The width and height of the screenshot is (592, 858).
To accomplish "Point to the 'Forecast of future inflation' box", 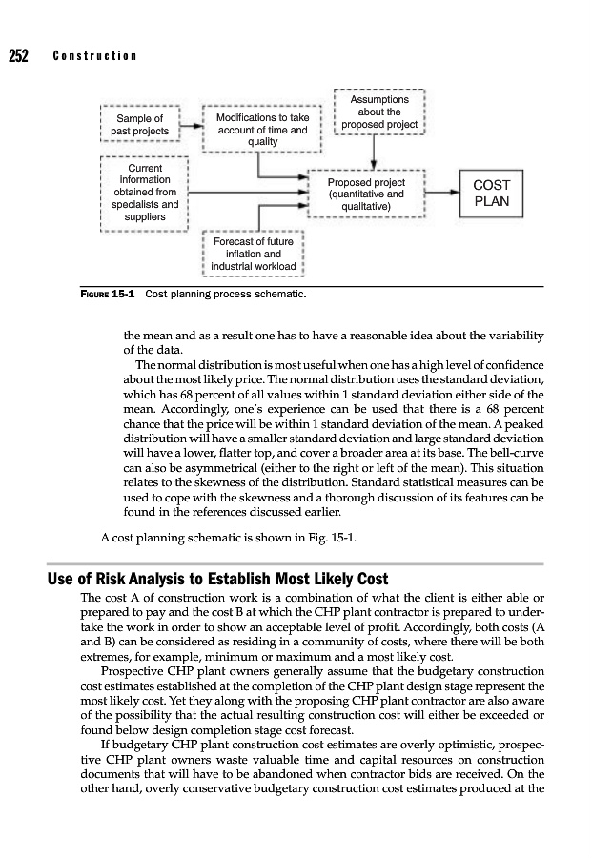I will pyautogui.click(x=253, y=255).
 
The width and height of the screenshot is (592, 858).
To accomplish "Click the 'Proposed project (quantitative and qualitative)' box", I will pyautogui.click(x=366, y=194).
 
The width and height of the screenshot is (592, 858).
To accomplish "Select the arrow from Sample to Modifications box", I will pyautogui.click(x=192, y=125).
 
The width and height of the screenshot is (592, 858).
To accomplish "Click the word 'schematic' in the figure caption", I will pyautogui.click(x=281, y=296).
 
